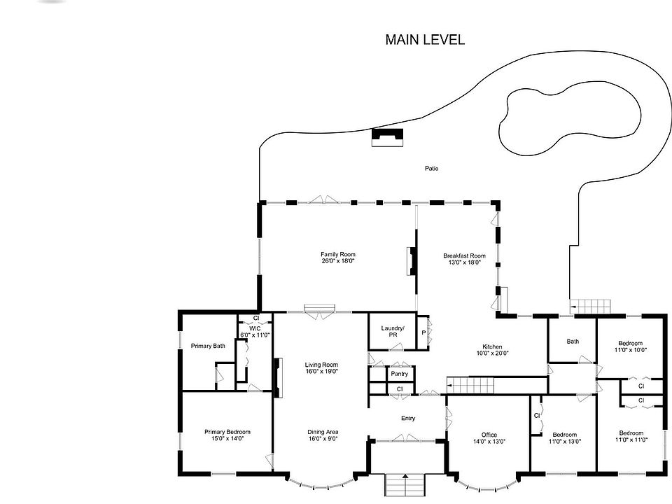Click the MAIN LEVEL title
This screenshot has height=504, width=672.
pos(425,39)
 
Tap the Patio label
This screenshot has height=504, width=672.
pos(432,169)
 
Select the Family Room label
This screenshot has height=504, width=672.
pos(338,254)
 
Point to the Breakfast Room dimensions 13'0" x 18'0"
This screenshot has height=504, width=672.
pos(465,262)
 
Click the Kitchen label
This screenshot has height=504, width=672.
pos(492,346)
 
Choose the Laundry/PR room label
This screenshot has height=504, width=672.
pos(393,331)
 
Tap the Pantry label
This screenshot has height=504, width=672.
pos(400,374)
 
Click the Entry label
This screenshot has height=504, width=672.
pos(408,418)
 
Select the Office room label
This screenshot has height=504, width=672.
pos(489,435)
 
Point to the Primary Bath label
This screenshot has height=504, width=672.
pos(208,346)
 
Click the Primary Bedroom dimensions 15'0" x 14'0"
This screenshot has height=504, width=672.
pos(227,438)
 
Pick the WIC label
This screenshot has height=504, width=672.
pos(255,328)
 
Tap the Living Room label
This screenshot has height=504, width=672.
pos(321,365)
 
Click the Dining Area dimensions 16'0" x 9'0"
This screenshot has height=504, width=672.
pos(323,438)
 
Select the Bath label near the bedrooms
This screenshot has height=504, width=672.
pos(573,342)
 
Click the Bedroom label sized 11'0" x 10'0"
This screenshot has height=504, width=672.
pos(631,343)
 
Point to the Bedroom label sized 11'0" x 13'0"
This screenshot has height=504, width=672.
pos(564,435)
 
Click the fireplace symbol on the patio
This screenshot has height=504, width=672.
pos(387,138)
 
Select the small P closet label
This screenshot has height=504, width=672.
pos(423,332)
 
